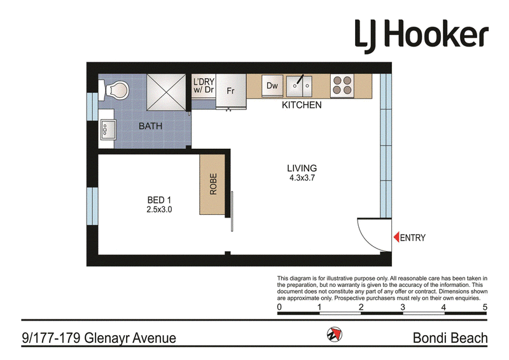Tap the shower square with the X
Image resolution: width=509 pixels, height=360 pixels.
[166, 92]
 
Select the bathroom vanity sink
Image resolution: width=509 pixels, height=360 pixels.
[108, 130]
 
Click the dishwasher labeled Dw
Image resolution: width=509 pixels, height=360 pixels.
[272, 86]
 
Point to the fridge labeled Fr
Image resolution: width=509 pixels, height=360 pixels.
[231, 91]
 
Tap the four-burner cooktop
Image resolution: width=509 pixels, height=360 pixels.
[342, 86]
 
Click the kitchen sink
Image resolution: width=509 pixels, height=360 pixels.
[299, 86]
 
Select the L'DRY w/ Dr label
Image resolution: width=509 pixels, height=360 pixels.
[204, 86]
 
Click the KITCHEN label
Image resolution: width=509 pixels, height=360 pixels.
[302, 105]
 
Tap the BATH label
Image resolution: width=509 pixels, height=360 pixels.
[150, 126]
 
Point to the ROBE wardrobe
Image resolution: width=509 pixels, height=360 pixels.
[213, 184]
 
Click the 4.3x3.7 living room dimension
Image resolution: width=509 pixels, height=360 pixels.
[302, 178]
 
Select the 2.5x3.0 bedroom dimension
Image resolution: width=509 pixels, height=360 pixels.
[159, 210]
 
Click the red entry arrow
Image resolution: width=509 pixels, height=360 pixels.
[396, 237]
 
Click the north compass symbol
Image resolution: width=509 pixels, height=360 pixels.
[335, 334]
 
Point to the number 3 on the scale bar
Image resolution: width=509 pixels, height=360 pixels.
[403, 307]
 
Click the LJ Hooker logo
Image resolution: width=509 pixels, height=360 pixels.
[421, 35]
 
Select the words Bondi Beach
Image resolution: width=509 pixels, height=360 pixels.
[450, 338]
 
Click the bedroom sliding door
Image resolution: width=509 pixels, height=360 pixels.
[232, 211]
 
